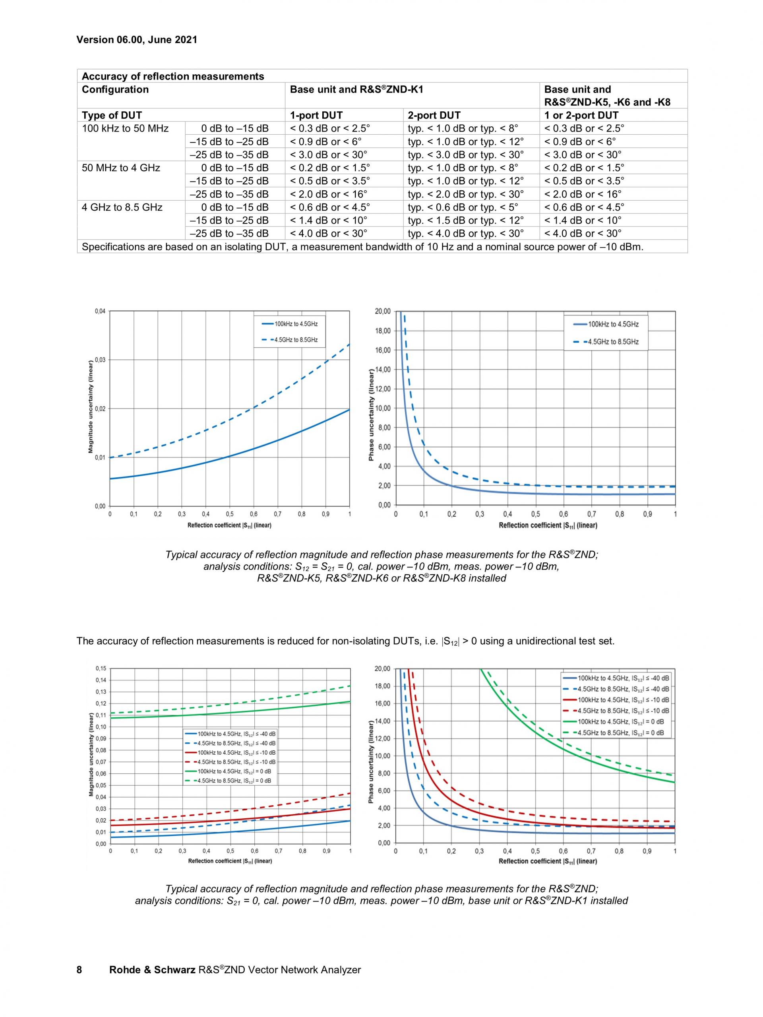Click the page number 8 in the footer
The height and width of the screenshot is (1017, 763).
79,970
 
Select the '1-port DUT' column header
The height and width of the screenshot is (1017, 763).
316,115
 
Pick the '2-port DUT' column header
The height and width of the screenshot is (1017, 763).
434,115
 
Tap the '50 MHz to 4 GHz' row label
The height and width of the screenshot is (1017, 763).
121,168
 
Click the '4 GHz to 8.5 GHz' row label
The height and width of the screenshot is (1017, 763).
122,207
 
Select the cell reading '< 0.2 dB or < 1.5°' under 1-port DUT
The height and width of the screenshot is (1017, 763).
329,168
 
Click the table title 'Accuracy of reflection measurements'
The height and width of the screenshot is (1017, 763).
173,76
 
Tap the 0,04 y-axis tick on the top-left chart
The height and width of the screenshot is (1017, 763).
100,311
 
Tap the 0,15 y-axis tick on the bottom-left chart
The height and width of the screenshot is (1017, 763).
100,668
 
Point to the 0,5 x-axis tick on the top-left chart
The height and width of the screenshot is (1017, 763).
229,514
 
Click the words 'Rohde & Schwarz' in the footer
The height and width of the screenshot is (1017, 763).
152,970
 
